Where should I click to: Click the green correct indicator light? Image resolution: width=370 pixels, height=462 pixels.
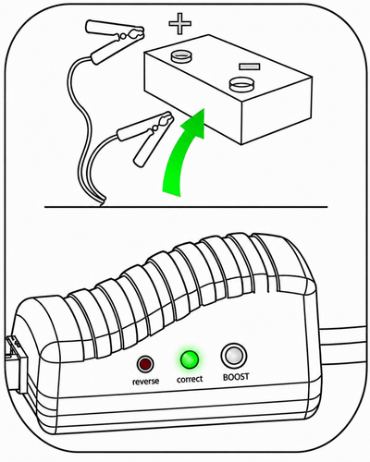pos(190,359)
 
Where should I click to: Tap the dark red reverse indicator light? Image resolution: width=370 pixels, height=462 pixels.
pos(145,364)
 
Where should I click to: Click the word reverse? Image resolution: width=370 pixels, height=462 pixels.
pos(146,382)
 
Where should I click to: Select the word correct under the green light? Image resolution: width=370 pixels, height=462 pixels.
pos(190,379)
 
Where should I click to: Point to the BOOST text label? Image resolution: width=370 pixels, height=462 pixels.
pos(236,377)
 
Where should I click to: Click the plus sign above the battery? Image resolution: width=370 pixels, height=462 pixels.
pos(180,23)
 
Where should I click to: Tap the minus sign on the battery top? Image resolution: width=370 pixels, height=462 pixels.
pos(250,67)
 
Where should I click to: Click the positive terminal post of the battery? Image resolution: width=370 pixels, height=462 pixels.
pos(181,57)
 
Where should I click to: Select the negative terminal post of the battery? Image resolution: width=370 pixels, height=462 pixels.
pos(241,84)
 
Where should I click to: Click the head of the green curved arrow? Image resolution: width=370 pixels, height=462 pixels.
pos(194,123)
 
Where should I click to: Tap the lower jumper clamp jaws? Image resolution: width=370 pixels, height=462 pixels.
pos(161,122)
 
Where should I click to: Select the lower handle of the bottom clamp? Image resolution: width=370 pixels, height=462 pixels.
pos(145,150)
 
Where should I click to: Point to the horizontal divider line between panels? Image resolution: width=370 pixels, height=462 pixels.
pos(186,207)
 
